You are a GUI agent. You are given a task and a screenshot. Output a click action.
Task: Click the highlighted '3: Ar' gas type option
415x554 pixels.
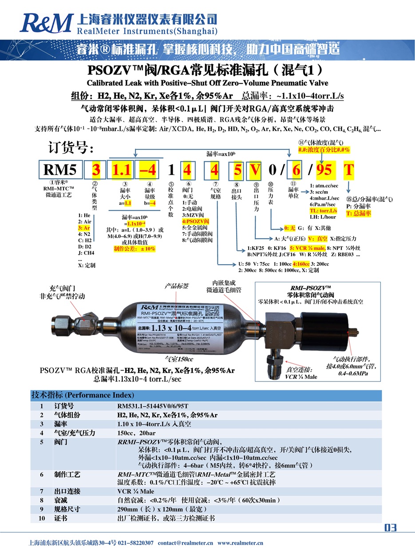[84, 227]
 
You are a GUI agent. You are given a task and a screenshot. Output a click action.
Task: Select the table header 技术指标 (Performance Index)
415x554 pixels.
[82, 395]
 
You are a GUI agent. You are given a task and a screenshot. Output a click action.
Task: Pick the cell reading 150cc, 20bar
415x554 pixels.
[133, 433]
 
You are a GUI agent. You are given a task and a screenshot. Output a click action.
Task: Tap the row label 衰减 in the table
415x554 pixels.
[61, 500]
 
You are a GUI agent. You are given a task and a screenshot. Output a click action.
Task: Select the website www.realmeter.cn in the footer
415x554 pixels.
[240, 543]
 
